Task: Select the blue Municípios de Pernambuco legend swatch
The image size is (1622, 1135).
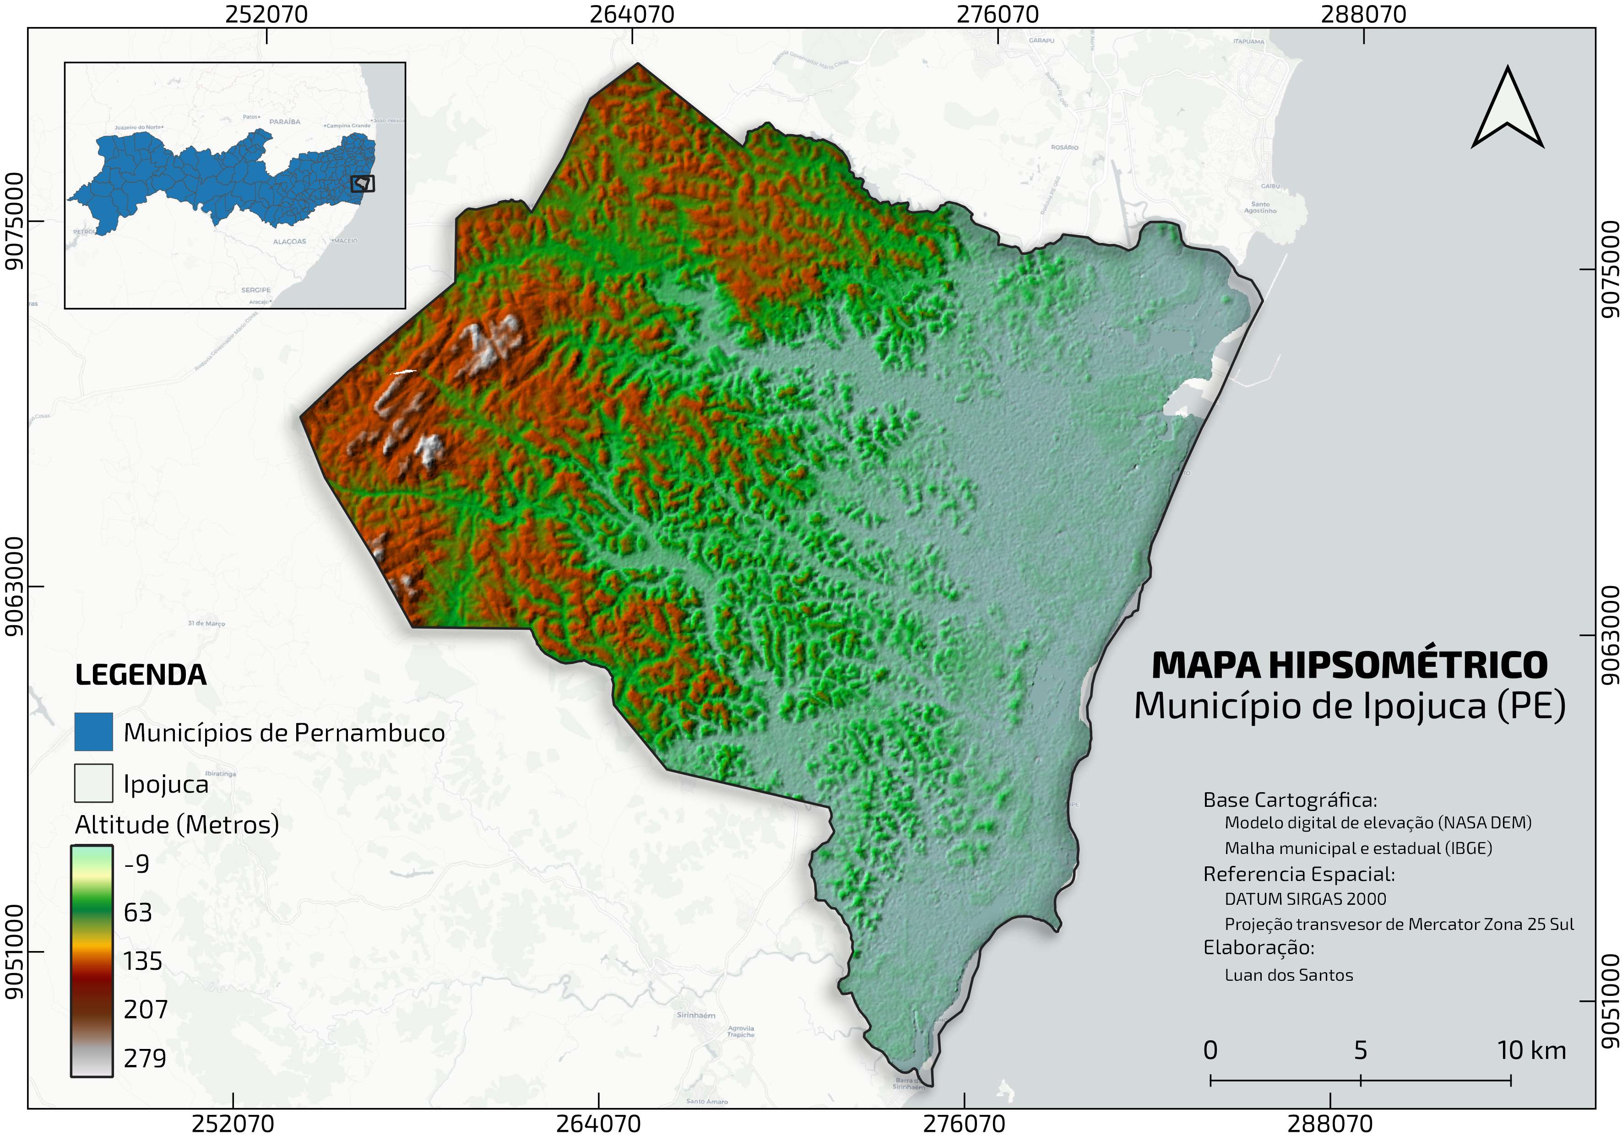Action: [93, 732]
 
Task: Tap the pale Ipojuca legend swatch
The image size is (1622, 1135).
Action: [93, 783]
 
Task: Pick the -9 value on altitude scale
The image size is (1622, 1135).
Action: [136, 863]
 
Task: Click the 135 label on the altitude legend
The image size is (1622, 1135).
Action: [143, 961]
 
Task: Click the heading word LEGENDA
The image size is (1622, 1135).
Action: [141, 675]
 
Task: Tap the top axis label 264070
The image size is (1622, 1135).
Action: [632, 14]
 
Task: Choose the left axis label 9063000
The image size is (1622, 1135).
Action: [14, 586]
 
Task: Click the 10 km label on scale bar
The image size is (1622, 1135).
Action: [1531, 1050]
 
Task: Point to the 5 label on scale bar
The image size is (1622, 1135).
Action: [1360, 1050]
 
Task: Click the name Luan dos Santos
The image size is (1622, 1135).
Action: [1289, 975]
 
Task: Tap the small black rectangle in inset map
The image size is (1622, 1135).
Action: [363, 184]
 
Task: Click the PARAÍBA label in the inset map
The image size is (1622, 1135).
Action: [285, 121]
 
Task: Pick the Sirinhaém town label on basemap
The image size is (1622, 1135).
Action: [696, 1015]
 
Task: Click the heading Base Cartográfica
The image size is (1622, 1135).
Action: [1290, 800]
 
